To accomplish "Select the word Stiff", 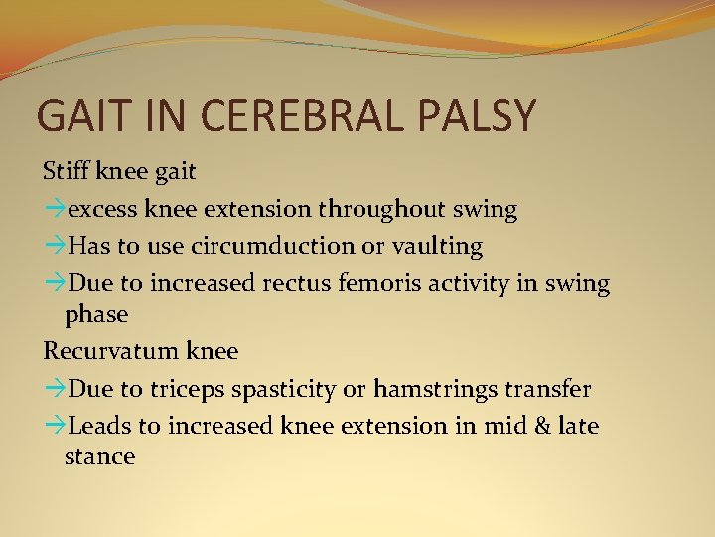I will pyautogui.click(x=67, y=171).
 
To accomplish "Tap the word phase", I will pyautogui.click(x=96, y=315).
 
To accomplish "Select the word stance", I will pyautogui.click(x=99, y=457).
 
